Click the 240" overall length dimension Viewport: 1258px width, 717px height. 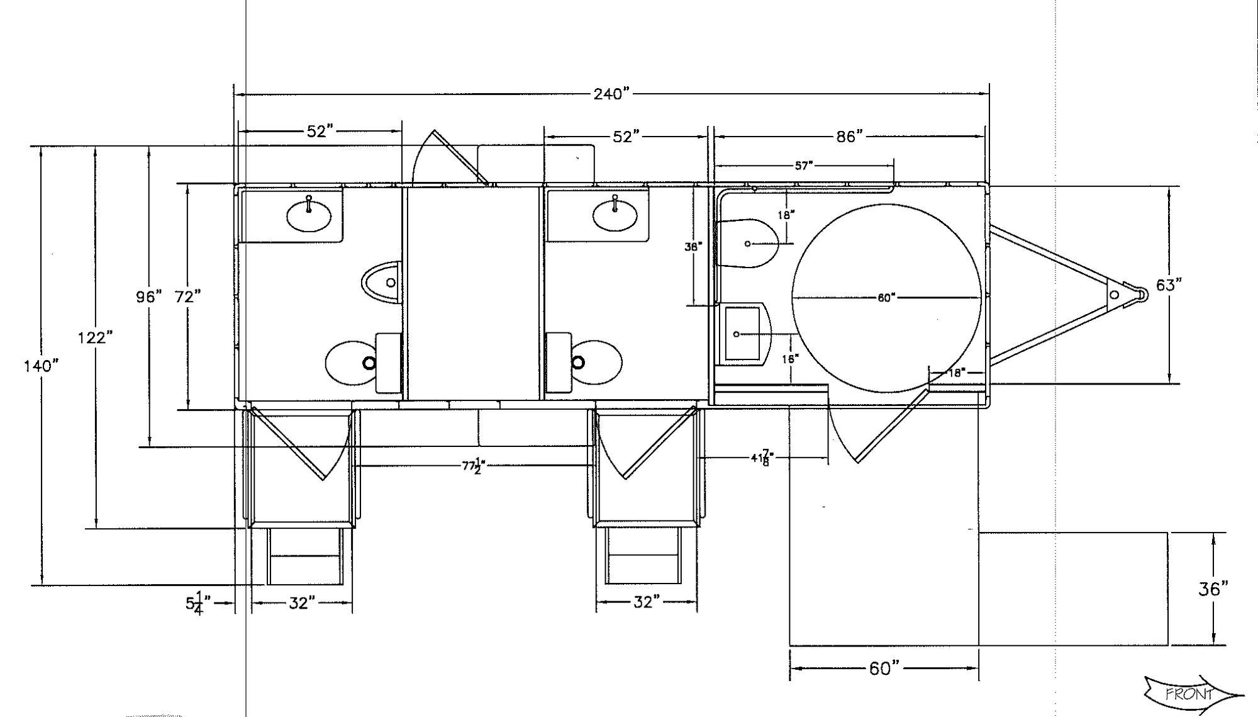[x=611, y=94]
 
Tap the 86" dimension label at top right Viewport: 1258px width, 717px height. [x=849, y=137]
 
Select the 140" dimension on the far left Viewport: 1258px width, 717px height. [x=42, y=366]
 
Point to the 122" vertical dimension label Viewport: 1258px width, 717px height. [x=95, y=338]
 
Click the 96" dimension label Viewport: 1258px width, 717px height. [x=149, y=296]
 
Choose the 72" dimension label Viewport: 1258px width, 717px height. [x=188, y=296]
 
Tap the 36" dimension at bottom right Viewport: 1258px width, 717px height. [x=1213, y=589]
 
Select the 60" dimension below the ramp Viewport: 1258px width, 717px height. [x=884, y=669]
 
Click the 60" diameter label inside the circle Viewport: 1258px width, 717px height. [x=886, y=298]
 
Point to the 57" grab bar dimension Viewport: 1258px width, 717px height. [x=804, y=166]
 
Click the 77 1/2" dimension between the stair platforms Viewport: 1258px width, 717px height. [x=473, y=466]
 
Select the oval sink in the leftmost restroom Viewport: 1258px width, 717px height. [x=309, y=216]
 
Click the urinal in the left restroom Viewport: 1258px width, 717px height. [x=384, y=282]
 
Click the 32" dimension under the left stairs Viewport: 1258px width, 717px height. [x=302, y=603]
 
